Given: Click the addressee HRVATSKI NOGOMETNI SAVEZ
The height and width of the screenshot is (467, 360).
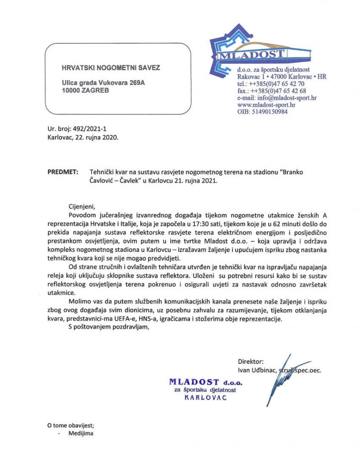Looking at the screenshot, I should click(x=111, y=68).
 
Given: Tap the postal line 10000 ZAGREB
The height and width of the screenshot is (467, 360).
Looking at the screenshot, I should click(x=86, y=90).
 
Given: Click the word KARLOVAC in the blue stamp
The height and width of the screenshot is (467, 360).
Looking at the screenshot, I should click(x=205, y=397).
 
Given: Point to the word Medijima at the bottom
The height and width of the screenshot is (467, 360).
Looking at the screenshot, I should click(x=81, y=433).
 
